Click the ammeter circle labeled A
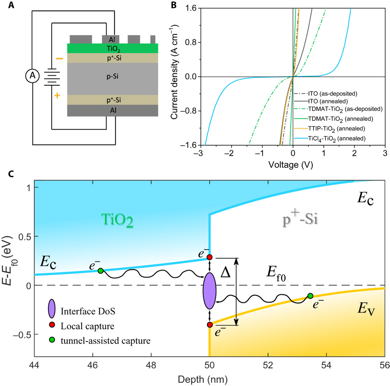click(32, 76)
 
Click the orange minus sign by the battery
click(59, 59)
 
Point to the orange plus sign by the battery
click(58, 96)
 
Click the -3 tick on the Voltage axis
click(201, 153)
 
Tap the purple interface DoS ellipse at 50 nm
click(209, 291)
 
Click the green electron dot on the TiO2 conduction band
click(100, 271)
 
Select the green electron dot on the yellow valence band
click(310, 296)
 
